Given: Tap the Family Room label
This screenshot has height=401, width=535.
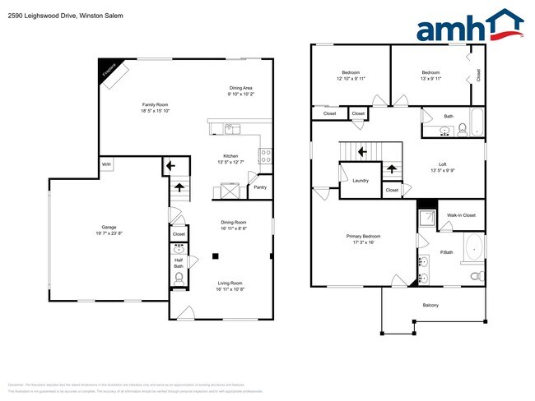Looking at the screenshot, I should (155, 104).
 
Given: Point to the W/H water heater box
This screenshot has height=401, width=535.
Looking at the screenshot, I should (107, 164).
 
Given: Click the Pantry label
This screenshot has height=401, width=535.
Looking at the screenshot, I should (259, 187).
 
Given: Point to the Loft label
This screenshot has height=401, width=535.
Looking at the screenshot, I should (441, 164).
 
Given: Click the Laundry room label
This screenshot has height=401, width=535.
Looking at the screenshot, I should (360, 180).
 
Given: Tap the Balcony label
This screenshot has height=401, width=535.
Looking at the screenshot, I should (430, 305).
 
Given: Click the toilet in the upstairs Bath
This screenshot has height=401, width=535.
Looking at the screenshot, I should (463, 128).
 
